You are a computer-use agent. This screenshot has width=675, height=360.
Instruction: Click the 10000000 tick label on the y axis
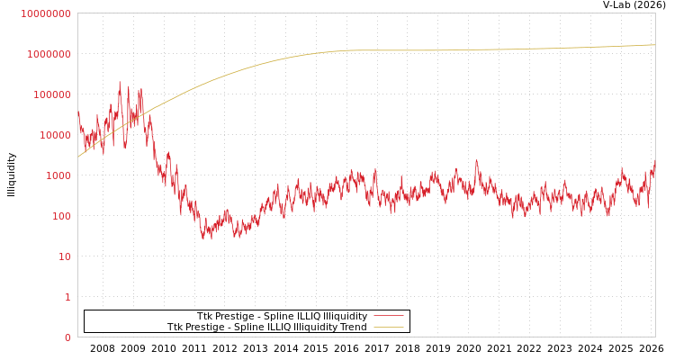(45, 13)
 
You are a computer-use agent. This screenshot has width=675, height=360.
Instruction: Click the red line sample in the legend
(388, 316)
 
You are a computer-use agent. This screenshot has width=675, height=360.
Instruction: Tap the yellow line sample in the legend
(388, 327)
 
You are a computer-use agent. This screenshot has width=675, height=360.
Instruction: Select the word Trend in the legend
(352, 327)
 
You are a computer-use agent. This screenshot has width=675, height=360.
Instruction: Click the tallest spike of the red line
(120, 82)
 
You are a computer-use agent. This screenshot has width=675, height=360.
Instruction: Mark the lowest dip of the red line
(204, 239)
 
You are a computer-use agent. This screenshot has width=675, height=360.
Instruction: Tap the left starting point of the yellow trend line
(78, 157)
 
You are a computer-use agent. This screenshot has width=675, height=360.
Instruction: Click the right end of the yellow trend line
(654, 44)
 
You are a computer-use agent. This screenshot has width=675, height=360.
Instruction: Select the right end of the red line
(654, 162)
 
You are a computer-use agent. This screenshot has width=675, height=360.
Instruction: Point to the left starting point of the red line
(78, 112)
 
